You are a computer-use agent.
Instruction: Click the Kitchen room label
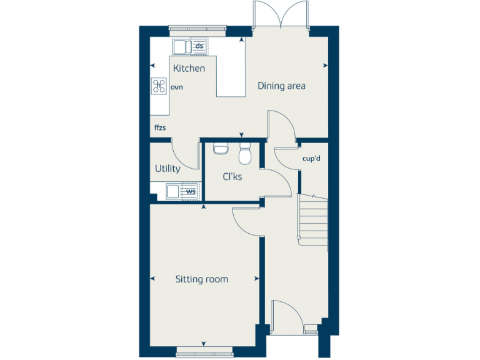[x=189, y=68]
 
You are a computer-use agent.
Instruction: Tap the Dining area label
[x=281, y=86]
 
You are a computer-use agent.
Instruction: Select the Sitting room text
[x=201, y=279]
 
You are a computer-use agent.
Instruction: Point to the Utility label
[x=167, y=169]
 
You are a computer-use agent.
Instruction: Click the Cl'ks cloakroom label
[x=232, y=177]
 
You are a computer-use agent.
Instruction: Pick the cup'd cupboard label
[x=311, y=159]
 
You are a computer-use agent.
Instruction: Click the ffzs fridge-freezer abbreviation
[x=161, y=127]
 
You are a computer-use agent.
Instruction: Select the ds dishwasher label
[x=199, y=46]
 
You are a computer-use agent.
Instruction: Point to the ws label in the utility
[x=190, y=191]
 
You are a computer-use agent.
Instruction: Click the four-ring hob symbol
[x=159, y=86]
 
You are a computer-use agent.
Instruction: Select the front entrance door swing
[x=286, y=312]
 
